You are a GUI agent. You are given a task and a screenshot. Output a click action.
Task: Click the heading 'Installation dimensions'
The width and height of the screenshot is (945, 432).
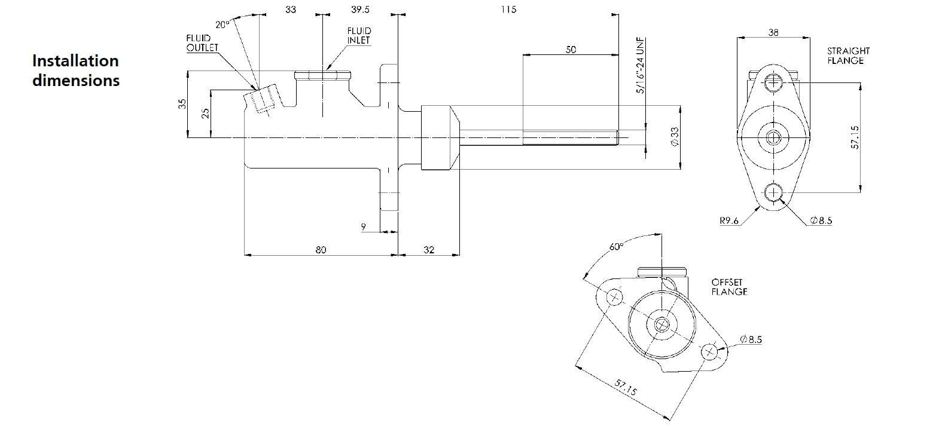(76, 71)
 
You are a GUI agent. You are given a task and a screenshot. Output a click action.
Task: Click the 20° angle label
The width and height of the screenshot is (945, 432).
(222, 24)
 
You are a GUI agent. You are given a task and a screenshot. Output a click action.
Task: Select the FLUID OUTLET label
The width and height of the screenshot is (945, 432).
(203, 43)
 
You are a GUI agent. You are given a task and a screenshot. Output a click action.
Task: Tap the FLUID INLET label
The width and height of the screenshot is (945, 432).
(359, 35)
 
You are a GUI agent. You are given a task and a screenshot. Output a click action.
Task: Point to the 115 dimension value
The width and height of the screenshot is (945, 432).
(509, 10)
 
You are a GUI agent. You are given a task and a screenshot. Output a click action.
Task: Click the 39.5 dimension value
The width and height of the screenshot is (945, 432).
(360, 10)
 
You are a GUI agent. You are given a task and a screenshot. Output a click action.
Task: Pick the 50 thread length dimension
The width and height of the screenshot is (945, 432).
(571, 50)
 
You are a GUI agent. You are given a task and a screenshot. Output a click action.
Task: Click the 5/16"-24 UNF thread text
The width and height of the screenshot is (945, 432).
(641, 66)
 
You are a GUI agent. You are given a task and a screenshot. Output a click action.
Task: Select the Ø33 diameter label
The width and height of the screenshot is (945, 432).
(675, 137)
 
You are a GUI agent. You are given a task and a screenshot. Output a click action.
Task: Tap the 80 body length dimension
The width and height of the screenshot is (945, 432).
(321, 250)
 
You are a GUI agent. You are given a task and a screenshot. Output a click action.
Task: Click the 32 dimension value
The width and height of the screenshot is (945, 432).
(429, 250)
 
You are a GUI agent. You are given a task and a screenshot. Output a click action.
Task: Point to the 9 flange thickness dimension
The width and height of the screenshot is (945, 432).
(364, 226)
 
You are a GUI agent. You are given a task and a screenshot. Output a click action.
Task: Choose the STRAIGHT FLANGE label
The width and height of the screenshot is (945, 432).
(848, 56)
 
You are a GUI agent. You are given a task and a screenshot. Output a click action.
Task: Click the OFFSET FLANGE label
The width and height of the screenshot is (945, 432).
(729, 287)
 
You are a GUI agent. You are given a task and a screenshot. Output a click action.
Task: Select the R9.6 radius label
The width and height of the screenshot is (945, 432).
(730, 220)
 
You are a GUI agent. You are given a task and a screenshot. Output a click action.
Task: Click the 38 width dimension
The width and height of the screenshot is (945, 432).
(773, 32)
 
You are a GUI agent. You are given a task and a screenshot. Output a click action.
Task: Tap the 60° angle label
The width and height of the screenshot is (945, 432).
(616, 247)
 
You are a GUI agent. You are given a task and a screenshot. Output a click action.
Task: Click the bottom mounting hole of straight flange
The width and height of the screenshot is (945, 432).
(773, 192)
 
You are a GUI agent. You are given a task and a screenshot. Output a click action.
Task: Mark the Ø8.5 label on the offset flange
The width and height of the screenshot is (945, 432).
(751, 339)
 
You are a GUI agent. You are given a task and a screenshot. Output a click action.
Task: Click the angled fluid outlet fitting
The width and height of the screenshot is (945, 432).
(261, 99)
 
